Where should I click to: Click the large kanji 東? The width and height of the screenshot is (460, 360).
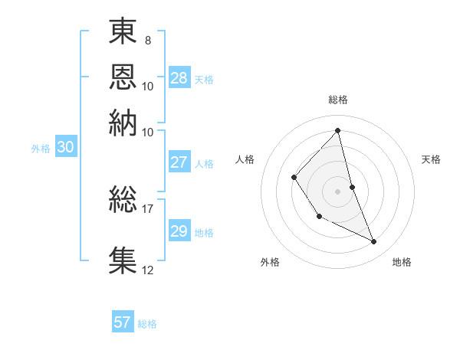(x=123, y=31)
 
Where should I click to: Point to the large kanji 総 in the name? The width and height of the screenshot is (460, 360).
(x=123, y=200)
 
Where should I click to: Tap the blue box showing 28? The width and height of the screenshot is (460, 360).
(x=179, y=78)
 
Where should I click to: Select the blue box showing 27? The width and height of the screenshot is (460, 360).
(x=179, y=162)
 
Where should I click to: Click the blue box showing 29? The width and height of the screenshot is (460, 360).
(x=179, y=231)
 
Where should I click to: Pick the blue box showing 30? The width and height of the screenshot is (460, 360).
(x=66, y=148)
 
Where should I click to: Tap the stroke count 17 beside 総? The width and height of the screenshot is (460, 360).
(x=148, y=208)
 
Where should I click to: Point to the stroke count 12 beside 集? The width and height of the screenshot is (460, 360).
(x=148, y=269)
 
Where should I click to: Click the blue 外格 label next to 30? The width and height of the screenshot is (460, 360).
(x=41, y=149)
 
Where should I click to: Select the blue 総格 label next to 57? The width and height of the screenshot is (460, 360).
(x=147, y=324)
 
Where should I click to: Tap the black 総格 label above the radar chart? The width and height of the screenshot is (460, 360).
(x=337, y=100)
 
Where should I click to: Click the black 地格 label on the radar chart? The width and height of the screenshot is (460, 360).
(x=402, y=262)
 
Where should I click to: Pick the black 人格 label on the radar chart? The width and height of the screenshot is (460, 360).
(x=245, y=159)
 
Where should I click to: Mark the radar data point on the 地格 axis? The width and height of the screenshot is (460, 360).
(x=374, y=241)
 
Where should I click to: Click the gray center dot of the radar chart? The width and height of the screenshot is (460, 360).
(x=337, y=191)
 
